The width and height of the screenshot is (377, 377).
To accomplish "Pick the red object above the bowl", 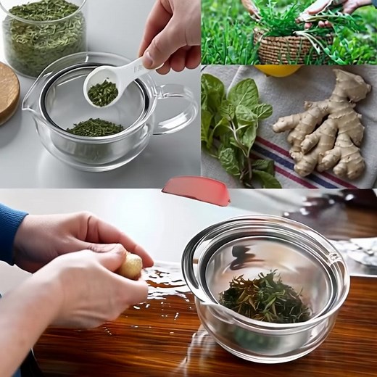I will (x=196, y=190).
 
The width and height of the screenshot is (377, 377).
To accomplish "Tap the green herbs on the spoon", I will (x=104, y=92).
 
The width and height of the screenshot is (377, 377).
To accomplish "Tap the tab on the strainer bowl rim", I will (x=335, y=256).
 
